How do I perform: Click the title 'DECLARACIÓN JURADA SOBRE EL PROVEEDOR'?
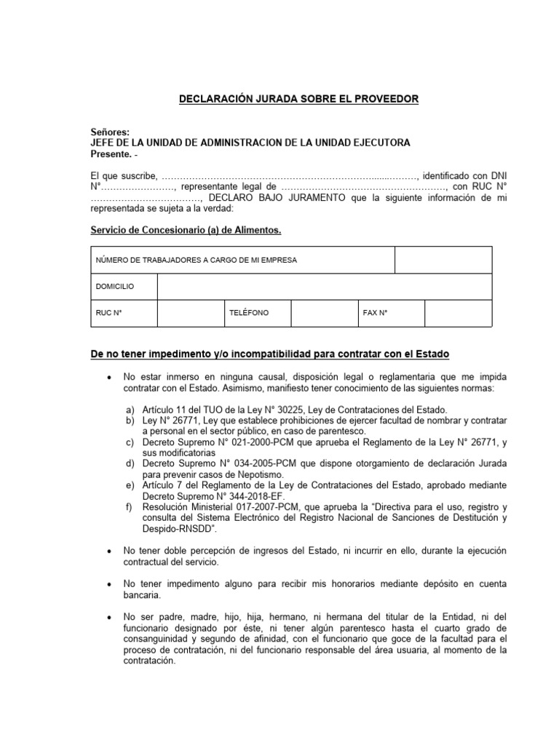point(299,99)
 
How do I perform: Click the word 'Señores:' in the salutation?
point(109,132)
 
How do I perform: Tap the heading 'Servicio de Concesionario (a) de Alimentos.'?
point(185,231)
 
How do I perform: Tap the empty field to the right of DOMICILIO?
point(324,287)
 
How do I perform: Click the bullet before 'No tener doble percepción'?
point(108,552)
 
